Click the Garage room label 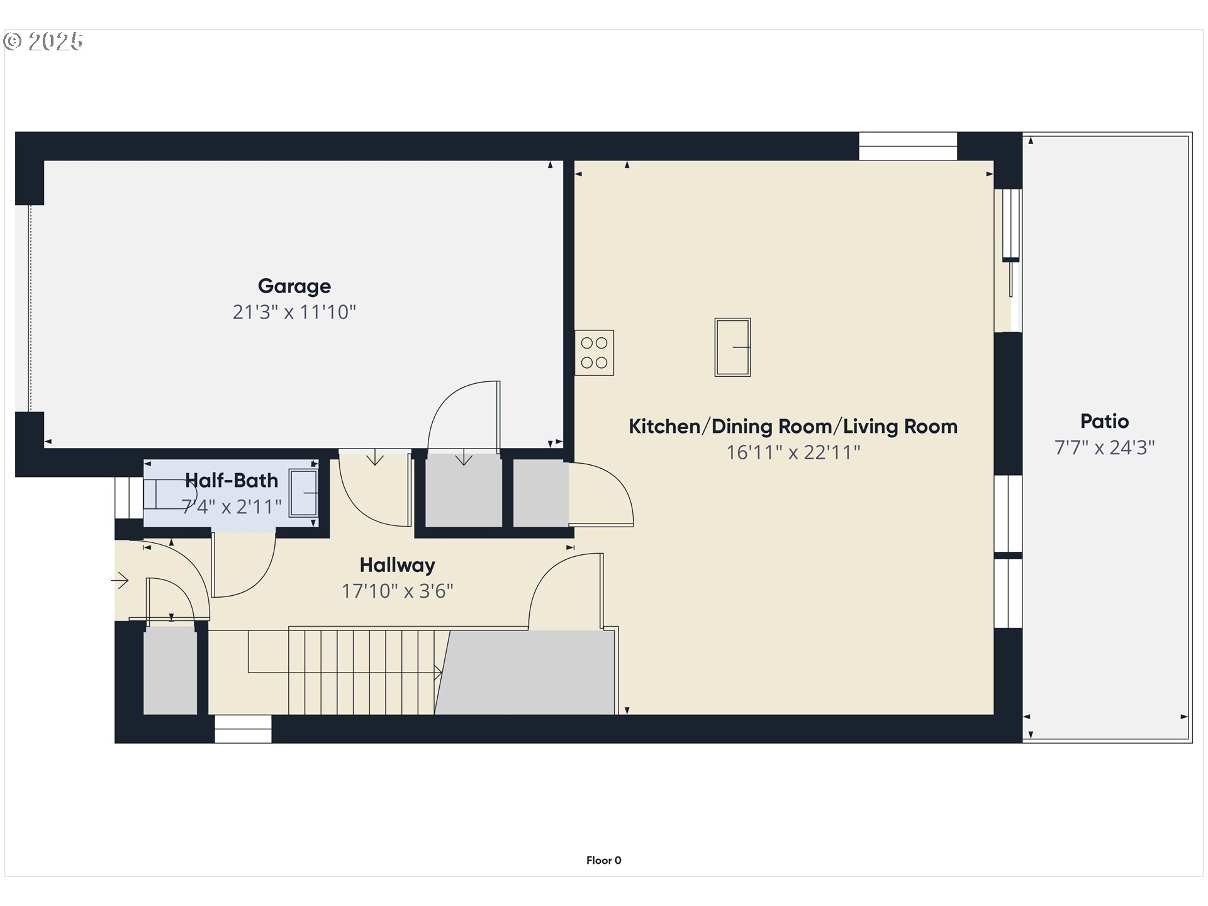[x=294, y=286]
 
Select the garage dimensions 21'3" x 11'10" [x=294, y=312]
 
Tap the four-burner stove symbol [x=594, y=353]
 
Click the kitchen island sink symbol [x=732, y=347]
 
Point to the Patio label [x=1104, y=422]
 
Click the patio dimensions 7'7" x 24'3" [x=1104, y=448]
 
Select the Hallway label [x=397, y=565]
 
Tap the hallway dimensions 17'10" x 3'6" [x=397, y=591]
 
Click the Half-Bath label [x=232, y=481]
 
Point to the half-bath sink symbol [x=304, y=493]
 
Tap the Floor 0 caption [x=603, y=860]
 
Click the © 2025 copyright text [x=43, y=42]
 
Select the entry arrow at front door [x=120, y=580]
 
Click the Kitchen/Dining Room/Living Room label [x=793, y=427]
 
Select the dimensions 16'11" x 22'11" [x=793, y=452]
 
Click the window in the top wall [x=908, y=146]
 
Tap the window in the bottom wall [x=243, y=729]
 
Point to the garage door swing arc [x=462, y=415]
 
